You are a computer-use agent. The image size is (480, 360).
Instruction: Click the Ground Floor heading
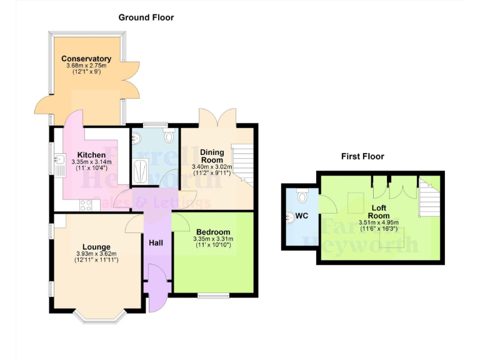[x=146, y=17]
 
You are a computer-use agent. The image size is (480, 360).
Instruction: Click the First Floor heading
[x=362, y=156]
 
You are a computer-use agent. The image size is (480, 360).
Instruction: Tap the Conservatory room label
[x=86, y=59]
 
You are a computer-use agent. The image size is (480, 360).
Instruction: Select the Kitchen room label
[x=91, y=155]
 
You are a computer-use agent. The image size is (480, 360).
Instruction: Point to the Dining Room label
[x=212, y=156]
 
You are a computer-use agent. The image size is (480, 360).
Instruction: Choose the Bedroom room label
[x=213, y=232]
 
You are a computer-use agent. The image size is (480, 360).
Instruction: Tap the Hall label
[x=156, y=242]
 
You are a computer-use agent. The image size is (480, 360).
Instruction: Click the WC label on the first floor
[x=301, y=216]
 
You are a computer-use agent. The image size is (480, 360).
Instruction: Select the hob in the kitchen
[x=86, y=204]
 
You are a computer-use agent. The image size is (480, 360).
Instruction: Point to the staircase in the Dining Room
[x=242, y=161]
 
